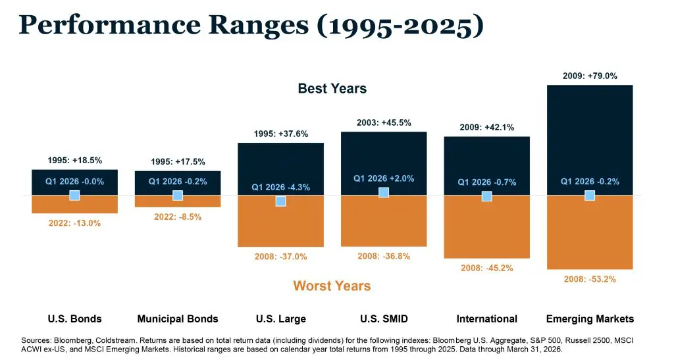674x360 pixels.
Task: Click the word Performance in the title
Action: [x=111, y=26]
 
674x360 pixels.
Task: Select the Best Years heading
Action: [x=332, y=88]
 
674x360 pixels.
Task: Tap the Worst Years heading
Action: [x=332, y=286]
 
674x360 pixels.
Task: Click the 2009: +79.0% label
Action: [x=590, y=76]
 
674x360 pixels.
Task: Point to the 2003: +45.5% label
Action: [x=384, y=122]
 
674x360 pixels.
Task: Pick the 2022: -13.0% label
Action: [x=74, y=223]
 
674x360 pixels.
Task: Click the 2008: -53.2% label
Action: [x=590, y=279]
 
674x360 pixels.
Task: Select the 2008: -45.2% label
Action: [x=487, y=268]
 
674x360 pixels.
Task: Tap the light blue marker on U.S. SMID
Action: [x=384, y=192]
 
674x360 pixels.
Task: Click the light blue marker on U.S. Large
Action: [x=280, y=201]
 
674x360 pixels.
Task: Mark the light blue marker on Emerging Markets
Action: [x=590, y=195]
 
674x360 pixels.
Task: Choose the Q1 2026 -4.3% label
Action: [x=280, y=188]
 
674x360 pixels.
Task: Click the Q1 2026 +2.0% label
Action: [x=384, y=178]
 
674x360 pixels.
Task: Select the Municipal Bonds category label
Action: [x=178, y=319]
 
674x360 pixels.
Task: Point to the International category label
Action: [x=487, y=319]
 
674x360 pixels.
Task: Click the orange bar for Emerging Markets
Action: [x=590, y=237]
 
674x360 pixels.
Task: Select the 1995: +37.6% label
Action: [x=280, y=134]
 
